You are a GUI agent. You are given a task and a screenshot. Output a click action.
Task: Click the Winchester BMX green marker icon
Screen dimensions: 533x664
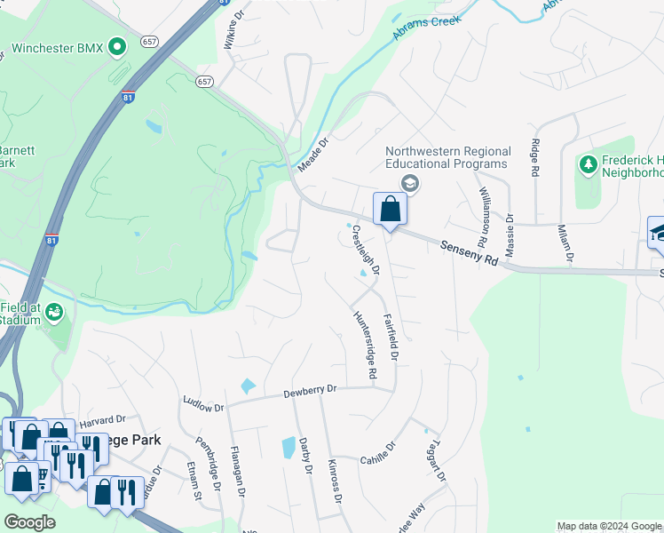pos(117,47)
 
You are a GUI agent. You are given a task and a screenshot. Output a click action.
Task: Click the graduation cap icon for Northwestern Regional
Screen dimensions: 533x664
pos(409,183)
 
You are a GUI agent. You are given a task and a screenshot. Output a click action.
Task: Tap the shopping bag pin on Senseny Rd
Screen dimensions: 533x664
pos(390,211)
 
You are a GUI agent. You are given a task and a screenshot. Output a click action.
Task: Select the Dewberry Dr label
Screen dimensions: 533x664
pos(310,391)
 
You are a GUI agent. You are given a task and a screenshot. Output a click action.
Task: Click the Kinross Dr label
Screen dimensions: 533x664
pos(335,482)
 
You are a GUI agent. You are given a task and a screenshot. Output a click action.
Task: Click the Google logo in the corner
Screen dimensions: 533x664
pos(30,521)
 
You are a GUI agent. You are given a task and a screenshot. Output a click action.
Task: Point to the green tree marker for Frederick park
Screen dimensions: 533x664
pos(588,164)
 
